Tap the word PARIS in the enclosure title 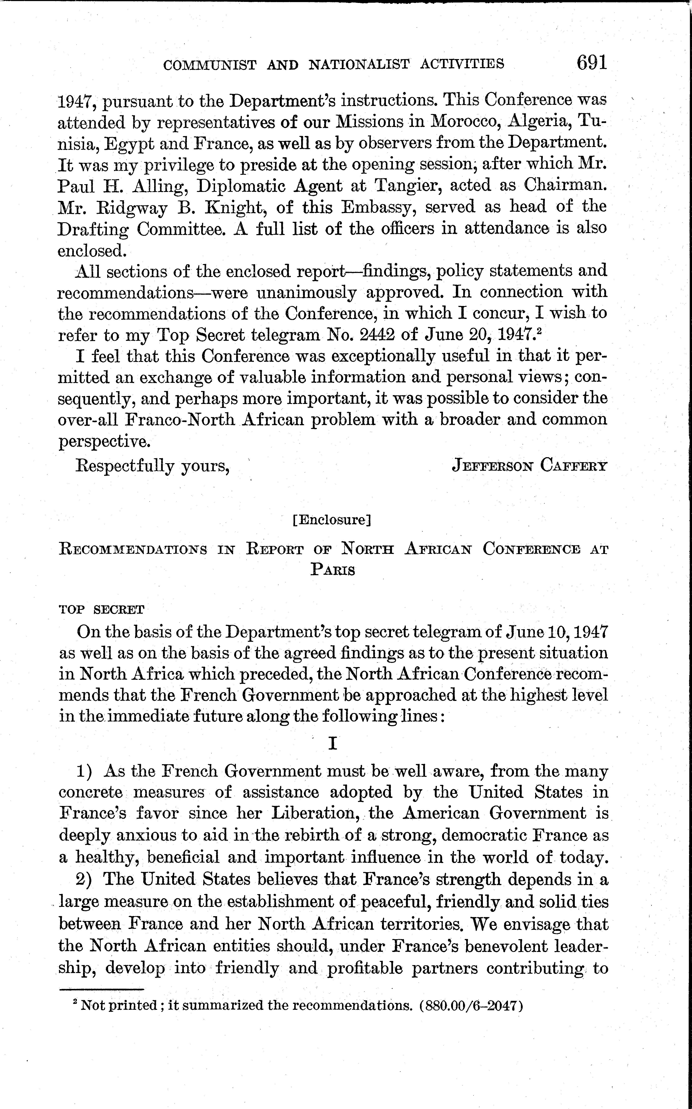click(333, 570)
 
